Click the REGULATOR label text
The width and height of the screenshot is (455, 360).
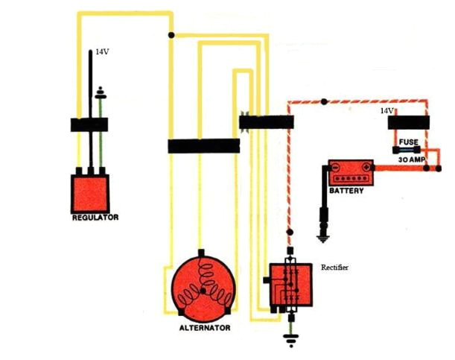95,218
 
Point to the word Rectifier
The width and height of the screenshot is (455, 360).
334,266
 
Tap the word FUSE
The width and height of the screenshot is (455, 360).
410,142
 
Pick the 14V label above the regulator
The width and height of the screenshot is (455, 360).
102,53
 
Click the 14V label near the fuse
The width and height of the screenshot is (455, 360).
386,110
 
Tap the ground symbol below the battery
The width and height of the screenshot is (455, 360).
322,239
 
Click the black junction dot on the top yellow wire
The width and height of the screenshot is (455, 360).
172,34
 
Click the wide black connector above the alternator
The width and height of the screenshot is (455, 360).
203,146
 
